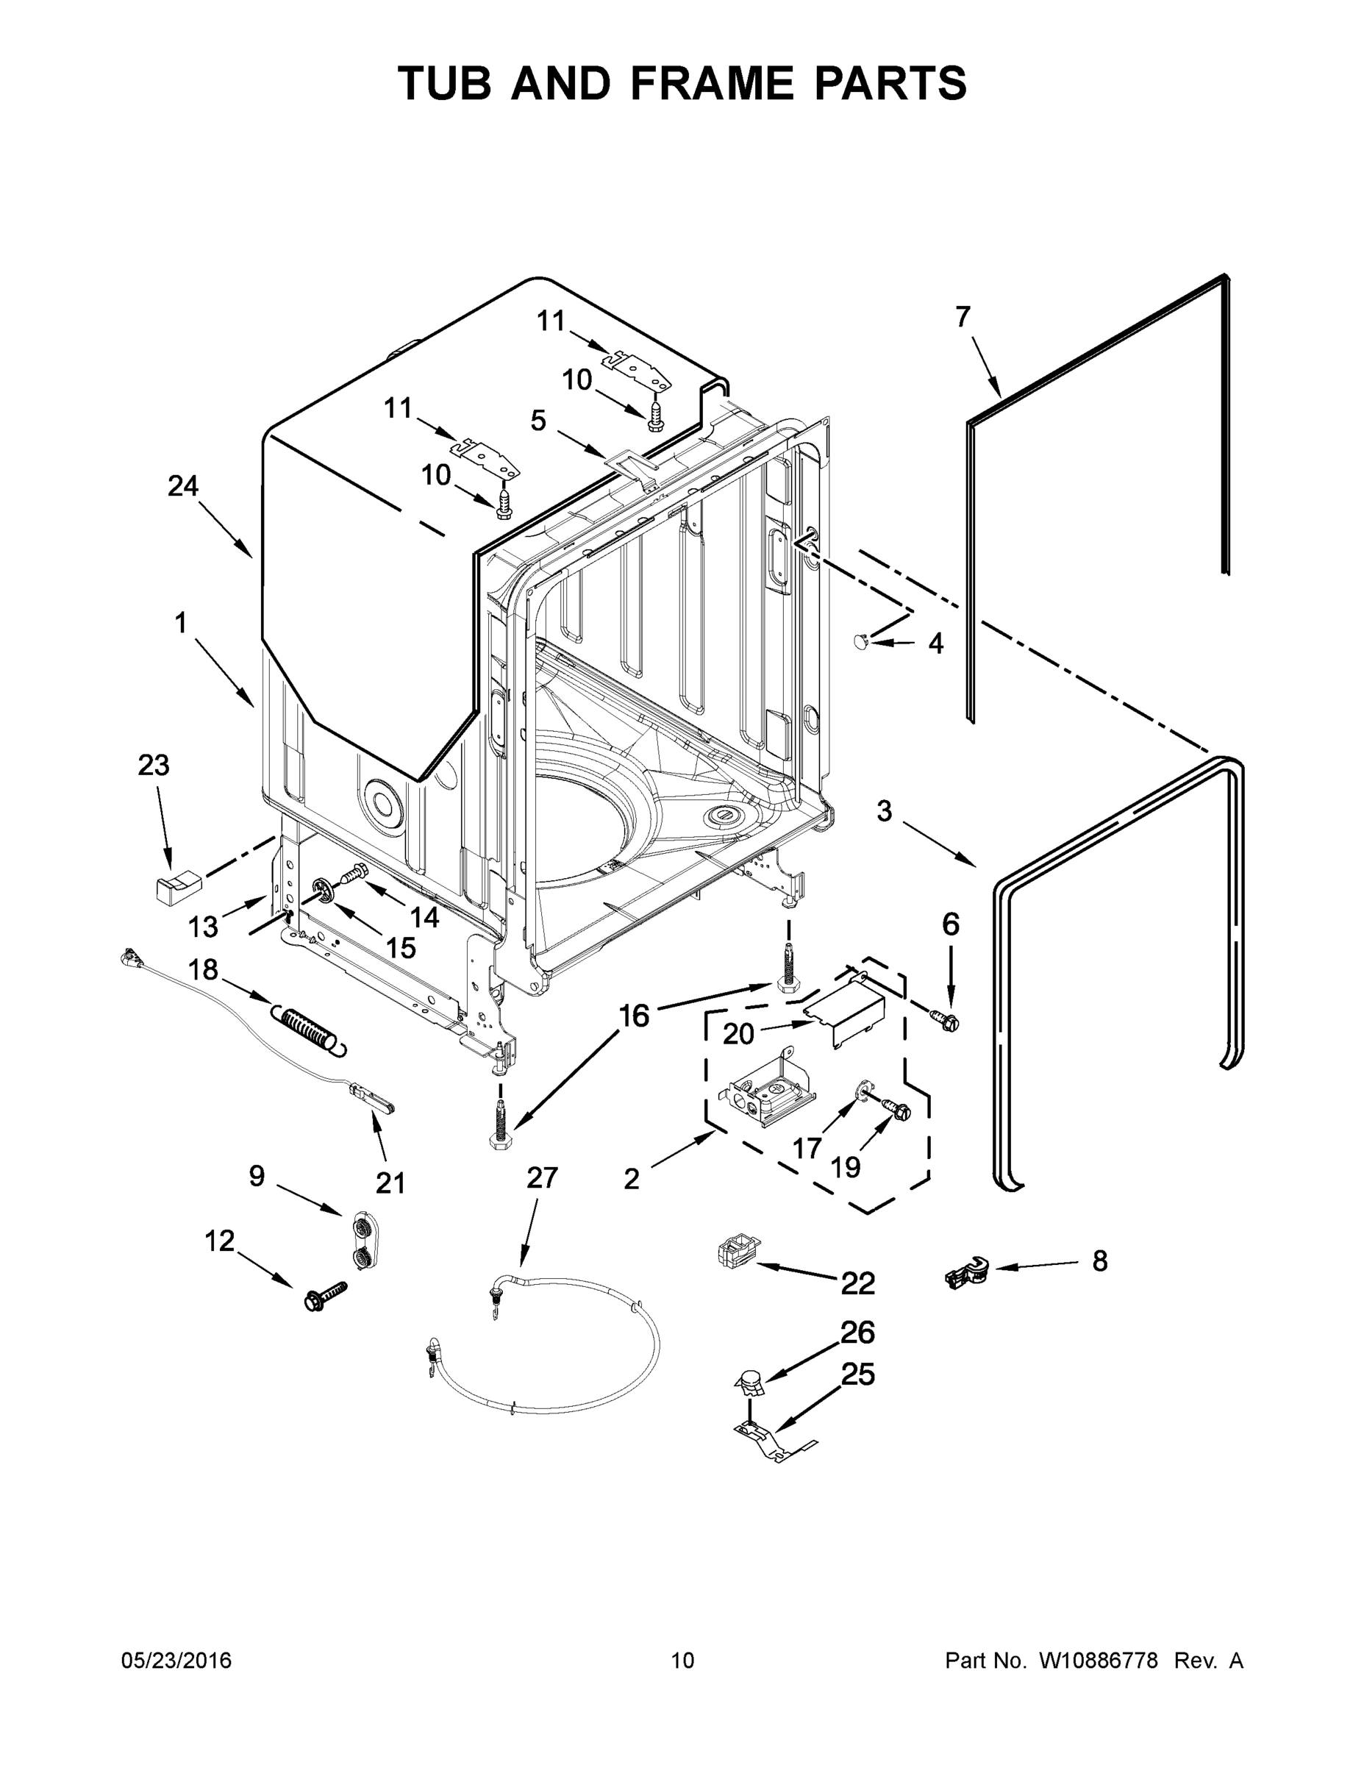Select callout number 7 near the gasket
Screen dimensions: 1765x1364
(x=962, y=318)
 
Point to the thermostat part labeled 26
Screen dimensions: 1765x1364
(x=749, y=1382)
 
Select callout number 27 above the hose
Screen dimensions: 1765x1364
(x=541, y=1177)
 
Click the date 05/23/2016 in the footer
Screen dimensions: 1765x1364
(x=176, y=1661)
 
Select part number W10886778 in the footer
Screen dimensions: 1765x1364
(x=1097, y=1661)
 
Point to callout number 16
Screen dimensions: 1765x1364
(x=635, y=1016)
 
